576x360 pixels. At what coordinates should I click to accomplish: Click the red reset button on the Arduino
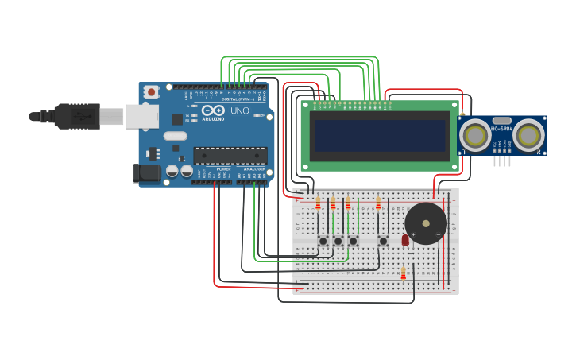pos(151,92)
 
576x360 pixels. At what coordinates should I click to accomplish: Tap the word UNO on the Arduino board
pos(239,111)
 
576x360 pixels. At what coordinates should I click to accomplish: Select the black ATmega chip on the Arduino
pos(230,156)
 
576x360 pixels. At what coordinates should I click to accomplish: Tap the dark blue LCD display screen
pos(380,136)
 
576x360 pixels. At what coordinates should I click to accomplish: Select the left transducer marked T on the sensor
pos(476,135)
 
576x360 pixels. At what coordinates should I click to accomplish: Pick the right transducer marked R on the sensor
pos(528,135)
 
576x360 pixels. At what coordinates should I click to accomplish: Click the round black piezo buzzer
pos(426,223)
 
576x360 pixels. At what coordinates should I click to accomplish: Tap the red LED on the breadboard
pos(405,239)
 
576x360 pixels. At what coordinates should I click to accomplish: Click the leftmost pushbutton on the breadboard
pos(323,241)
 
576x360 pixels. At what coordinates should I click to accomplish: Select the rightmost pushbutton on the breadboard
pos(383,241)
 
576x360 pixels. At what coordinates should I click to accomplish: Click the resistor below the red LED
pos(403,274)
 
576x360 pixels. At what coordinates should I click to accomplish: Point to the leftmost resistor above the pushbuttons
pos(318,203)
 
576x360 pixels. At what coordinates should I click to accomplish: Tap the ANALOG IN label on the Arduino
pos(254,169)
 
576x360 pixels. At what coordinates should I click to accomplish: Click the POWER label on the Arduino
pos(224,169)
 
